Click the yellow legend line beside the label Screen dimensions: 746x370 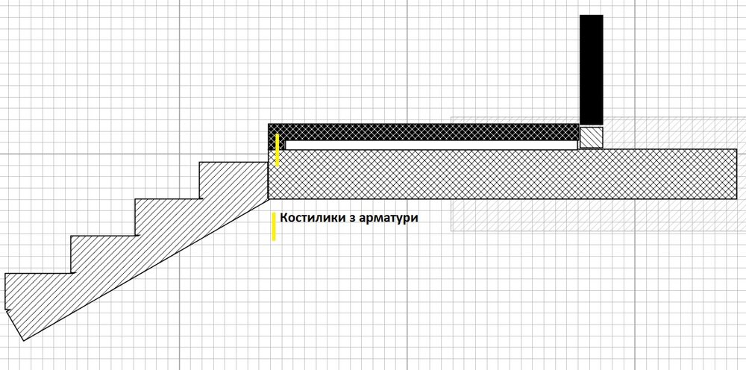pyautogui.click(x=274, y=226)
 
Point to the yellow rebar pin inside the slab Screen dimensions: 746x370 pyautogui.click(x=278, y=150)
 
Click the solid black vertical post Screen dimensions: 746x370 pyautogui.click(x=592, y=70)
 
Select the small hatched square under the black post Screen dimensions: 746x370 pyautogui.click(x=592, y=137)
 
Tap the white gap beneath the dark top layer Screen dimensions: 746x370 pyautogui.click(x=431, y=145)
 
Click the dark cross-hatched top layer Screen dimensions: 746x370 pyautogui.click(x=424, y=132)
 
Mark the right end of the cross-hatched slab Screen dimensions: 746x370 pyautogui.click(x=736, y=174)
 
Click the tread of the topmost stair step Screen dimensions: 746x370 pyautogui.click(x=233, y=162)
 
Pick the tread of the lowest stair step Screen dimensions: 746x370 pyautogui.click(x=38, y=274)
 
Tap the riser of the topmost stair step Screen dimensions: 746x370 pyautogui.click(x=199, y=181)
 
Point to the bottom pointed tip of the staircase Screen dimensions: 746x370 pyautogui.click(x=23, y=340)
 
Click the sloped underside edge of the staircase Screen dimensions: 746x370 pyautogui.click(x=146, y=269)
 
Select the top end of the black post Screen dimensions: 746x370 pyautogui.click(x=592, y=15)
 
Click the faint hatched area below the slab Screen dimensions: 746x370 pyautogui.click(x=595, y=215)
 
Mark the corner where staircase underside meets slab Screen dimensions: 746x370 pyautogui.click(x=269, y=198)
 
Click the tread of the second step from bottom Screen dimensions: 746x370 pyautogui.click(x=104, y=236)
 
